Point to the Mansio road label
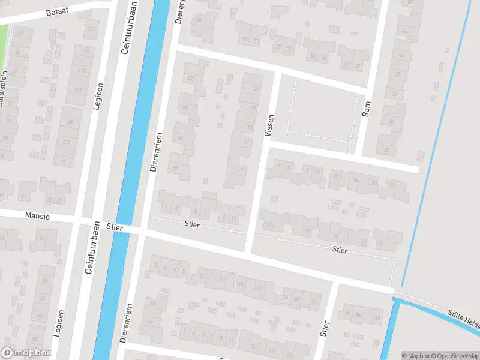click(x=37, y=215)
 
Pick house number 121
click(x=91, y=29)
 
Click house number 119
click(x=85, y=52)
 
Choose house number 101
click(x=65, y=142)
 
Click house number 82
click(x=190, y=79)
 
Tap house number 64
click(x=150, y=322)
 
